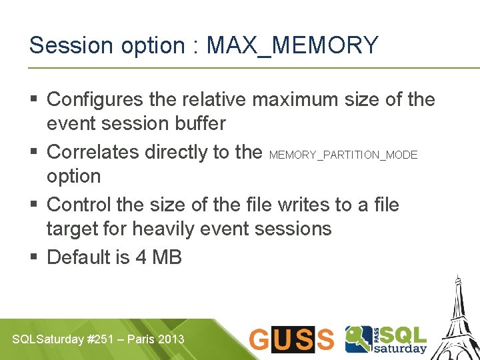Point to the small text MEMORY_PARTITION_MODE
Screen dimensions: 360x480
(343, 155)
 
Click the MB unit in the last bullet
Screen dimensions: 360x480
(167, 257)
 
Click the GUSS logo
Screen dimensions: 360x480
(291, 339)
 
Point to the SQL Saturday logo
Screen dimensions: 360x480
(385, 339)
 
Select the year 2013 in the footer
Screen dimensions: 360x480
(171, 339)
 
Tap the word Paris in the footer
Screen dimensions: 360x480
(141, 339)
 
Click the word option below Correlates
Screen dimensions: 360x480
(73, 177)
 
